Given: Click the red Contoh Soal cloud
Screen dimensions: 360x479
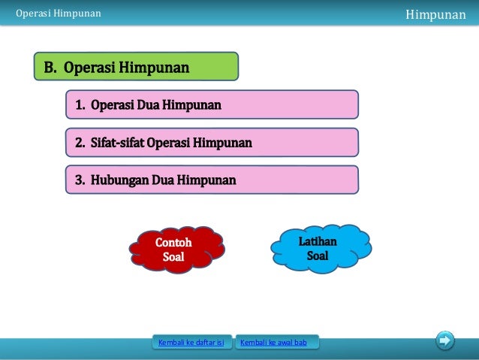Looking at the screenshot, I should tap(173, 250).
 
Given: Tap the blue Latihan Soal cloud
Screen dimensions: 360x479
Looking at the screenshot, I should tap(318, 249).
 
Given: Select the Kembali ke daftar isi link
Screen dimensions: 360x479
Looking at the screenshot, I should tap(191, 343).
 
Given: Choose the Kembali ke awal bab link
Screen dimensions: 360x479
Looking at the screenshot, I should tap(276, 343).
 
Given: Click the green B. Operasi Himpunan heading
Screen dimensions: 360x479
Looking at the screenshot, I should tap(136, 67).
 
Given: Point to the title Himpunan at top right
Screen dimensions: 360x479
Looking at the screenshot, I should tap(435, 14).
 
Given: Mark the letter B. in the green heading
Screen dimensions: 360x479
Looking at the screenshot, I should tap(50, 68).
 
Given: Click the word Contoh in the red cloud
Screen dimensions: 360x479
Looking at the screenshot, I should tap(173, 244).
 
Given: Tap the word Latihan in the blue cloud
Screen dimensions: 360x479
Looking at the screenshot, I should tap(318, 241).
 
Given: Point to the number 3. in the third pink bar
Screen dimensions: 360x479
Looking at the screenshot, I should tap(80, 180).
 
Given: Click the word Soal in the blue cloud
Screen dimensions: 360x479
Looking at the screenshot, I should tap(318, 256).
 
